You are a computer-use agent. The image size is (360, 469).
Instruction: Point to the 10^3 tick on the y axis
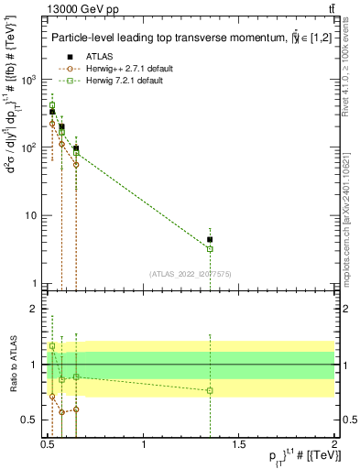coord(27,80)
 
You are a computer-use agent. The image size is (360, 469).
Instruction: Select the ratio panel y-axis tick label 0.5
coord(26,420)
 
